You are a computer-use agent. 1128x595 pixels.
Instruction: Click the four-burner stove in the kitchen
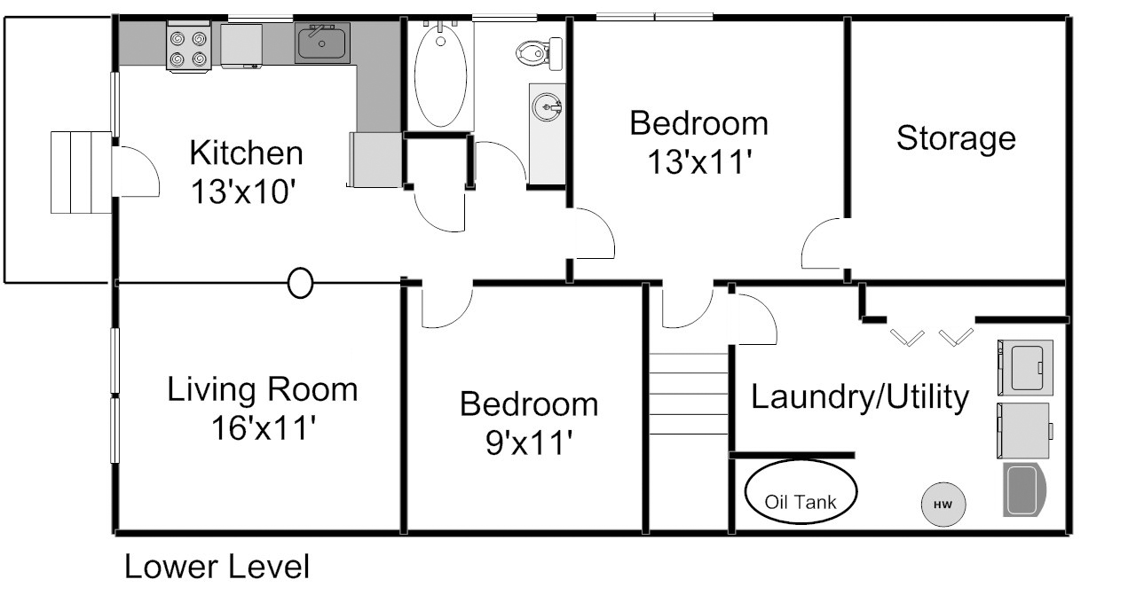[x=188, y=46]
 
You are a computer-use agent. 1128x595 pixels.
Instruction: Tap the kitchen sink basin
[x=322, y=43]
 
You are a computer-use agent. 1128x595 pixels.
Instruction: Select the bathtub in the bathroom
[x=440, y=74]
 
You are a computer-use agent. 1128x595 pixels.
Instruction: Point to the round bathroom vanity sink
[x=548, y=106]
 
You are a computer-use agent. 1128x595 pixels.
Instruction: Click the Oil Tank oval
[x=801, y=491]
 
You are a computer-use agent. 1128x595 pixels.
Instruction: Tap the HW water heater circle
[x=943, y=505]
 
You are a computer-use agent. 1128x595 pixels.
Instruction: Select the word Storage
[x=956, y=138]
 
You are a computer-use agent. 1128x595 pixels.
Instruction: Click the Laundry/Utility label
[x=860, y=397]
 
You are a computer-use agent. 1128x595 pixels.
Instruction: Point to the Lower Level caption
[x=217, y=567]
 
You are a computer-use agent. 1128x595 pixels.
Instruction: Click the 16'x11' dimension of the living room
[x=264, y=428]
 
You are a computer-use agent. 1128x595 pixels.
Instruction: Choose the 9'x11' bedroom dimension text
[x=529, y=442]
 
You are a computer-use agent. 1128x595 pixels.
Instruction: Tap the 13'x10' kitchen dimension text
[x=242, y=192]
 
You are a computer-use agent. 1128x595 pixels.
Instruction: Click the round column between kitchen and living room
[x=300, y=283]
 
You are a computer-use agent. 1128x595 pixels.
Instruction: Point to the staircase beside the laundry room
[x=689, y=394]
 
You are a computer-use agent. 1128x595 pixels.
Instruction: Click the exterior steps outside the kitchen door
[x=81, y=173]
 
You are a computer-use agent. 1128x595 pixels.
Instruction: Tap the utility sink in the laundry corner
[x=1024, y=489]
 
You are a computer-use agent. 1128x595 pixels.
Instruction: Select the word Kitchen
[x=246, y=153]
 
